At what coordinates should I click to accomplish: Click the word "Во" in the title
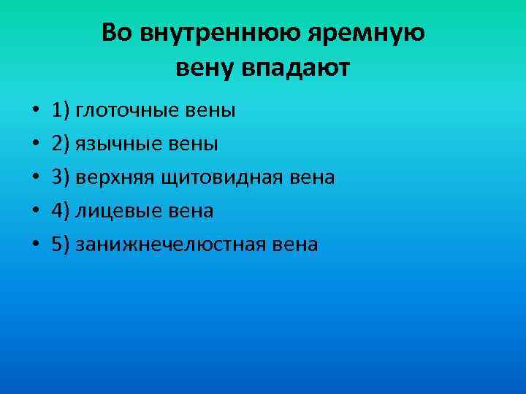coord(117,34)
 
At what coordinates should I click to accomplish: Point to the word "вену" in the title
coord(207,69)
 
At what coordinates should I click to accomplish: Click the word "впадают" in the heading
coord(299,69)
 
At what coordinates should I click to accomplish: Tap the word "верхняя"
coord(116,178)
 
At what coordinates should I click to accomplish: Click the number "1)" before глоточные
coord(61,111)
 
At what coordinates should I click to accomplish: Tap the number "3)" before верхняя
coord(61,178)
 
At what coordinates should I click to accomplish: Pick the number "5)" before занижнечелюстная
coord(61,245)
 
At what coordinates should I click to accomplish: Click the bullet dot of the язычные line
coord(35,145)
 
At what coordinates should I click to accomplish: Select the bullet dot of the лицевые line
coord(35,212)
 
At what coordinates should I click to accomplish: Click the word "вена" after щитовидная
coord(310,178)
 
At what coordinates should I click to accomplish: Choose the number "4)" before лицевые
coord(61,212)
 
